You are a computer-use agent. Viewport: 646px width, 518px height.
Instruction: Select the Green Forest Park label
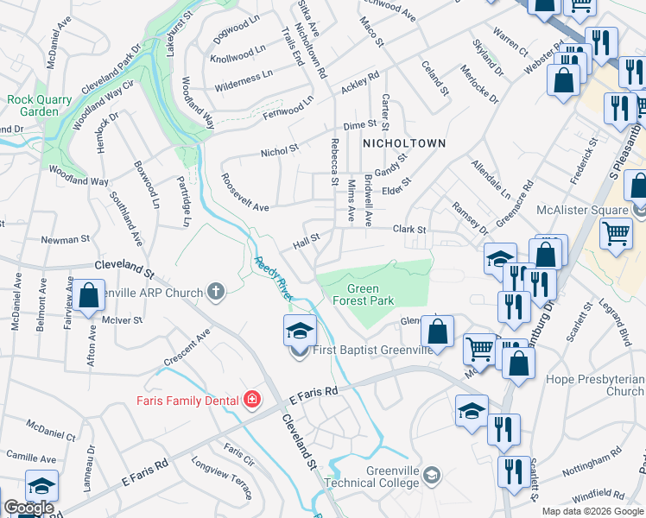coord(370,294)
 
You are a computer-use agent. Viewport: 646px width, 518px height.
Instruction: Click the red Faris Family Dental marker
coord(250,399)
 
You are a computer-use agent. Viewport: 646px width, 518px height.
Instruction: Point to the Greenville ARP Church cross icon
coord(215,293)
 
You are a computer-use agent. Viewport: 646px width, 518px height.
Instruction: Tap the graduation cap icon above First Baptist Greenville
coord(300,331)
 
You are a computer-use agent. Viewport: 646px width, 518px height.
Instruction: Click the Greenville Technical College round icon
coord(432,474)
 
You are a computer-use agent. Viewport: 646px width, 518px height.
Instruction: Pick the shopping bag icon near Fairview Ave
coord(89,295)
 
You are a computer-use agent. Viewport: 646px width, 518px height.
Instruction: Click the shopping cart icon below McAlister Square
coord(616,232)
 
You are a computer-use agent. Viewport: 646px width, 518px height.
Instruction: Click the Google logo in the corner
coord(28,508)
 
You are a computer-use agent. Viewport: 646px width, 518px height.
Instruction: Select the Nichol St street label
coord(280,152)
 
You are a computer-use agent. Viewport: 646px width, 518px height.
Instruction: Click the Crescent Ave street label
coord(189,345)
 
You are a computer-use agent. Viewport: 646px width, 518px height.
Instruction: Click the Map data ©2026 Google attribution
coord(593,511)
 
